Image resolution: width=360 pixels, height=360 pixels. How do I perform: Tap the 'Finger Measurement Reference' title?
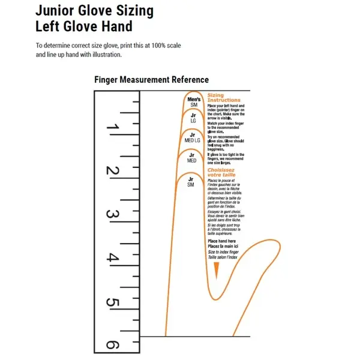point(151,80)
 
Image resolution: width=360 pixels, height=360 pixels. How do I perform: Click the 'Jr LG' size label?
point(193,118)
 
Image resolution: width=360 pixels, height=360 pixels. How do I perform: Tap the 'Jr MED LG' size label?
point(193,137)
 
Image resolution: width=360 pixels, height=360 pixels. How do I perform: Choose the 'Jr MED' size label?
point(192,158)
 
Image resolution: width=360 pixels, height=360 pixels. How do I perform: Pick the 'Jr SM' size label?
point(191,181)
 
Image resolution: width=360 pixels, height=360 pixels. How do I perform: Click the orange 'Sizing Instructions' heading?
point(224,98)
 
